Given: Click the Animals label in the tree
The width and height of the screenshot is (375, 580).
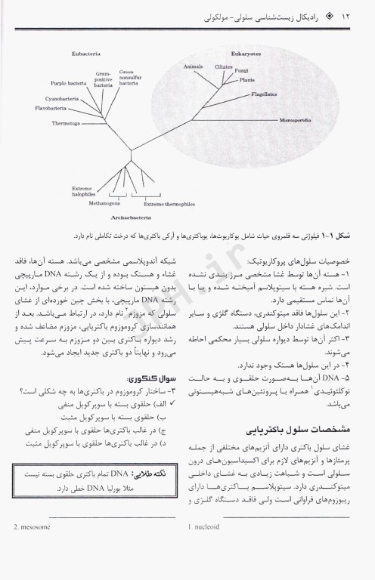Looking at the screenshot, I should [x=194, y=66].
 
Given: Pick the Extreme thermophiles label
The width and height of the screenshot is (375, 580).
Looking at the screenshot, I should [x=163, y=203].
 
